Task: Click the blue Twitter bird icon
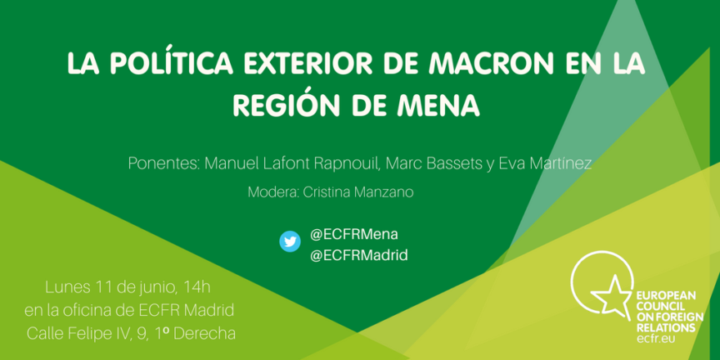click(x=290, y=242)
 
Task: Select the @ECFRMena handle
click(x=354, y=235)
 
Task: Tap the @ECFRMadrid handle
click(x=358, y=255)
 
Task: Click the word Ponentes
click(x=164, y=163)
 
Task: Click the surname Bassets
click(x=451, y=163)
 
